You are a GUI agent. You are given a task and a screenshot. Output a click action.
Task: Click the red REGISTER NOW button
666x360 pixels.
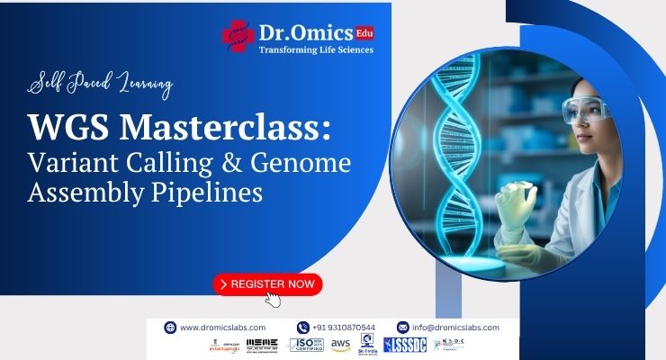(x=267, y=283)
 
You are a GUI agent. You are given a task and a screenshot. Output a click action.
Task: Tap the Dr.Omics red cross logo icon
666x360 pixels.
(x=239, y=37)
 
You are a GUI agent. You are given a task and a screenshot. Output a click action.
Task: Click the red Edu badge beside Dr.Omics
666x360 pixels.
(x=364, y=32)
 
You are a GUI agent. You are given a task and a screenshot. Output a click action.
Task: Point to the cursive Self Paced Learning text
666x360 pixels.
(x=101, y=85)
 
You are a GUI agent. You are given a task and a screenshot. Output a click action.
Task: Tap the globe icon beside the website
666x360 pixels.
(x=169, y=328)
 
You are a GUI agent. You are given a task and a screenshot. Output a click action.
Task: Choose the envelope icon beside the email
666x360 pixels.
(x=402, y=328)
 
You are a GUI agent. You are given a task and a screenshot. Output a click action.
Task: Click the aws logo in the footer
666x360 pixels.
(x=340, y=345)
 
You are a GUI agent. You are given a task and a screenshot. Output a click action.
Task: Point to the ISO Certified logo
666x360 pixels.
(x=306, y=345)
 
